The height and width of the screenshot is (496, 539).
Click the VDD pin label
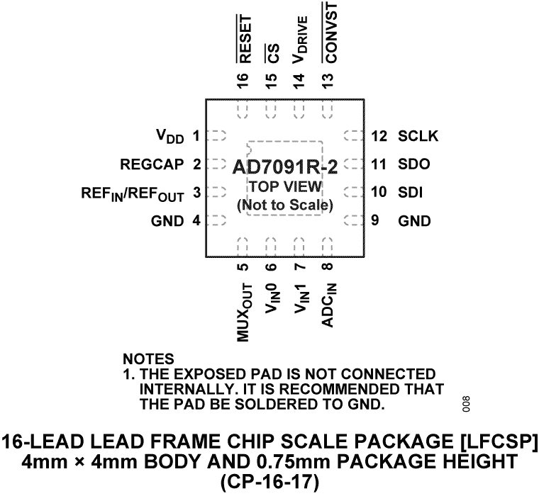[x=170, y=135]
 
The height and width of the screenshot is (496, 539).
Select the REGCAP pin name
[x=150, y=165]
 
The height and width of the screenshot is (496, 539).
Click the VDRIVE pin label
[x=301, y=40]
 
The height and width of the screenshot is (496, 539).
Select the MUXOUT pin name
[x=244, y=312]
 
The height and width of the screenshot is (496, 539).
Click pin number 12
[x=378, y=135]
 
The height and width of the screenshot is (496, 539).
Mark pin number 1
[x=196, y=135]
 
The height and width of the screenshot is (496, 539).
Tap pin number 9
[x=374, y=220]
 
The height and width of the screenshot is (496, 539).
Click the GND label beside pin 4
[x=167, y=221]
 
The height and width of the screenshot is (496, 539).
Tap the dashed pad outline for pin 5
[x=243, y=245]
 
